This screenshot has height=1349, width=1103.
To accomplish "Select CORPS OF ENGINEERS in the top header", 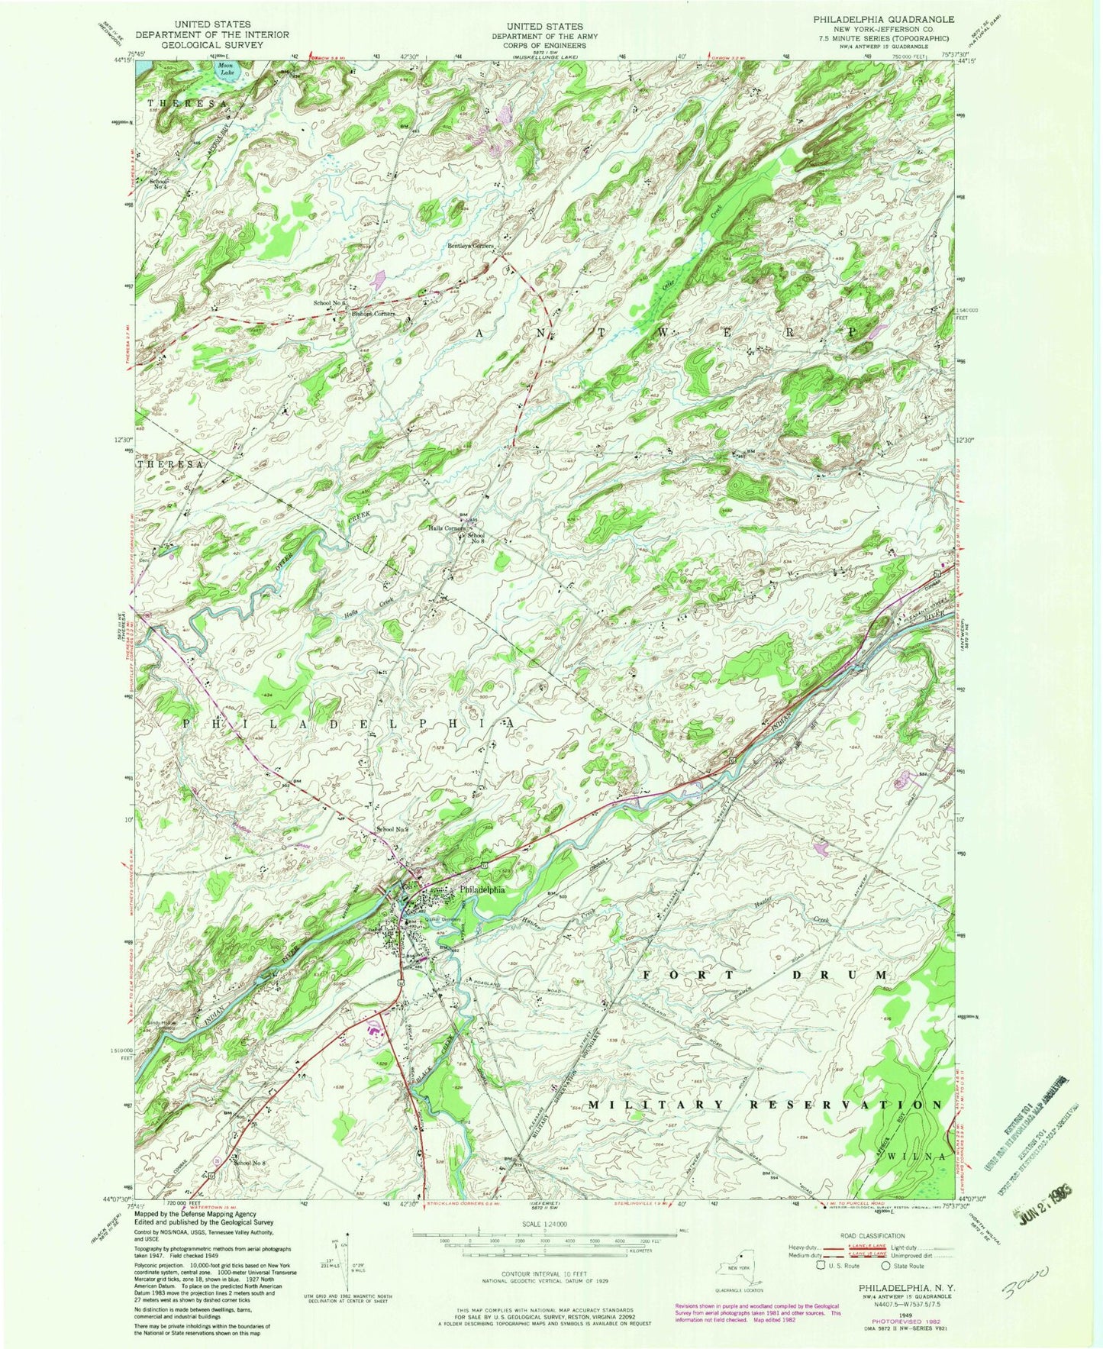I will click(544, 46).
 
